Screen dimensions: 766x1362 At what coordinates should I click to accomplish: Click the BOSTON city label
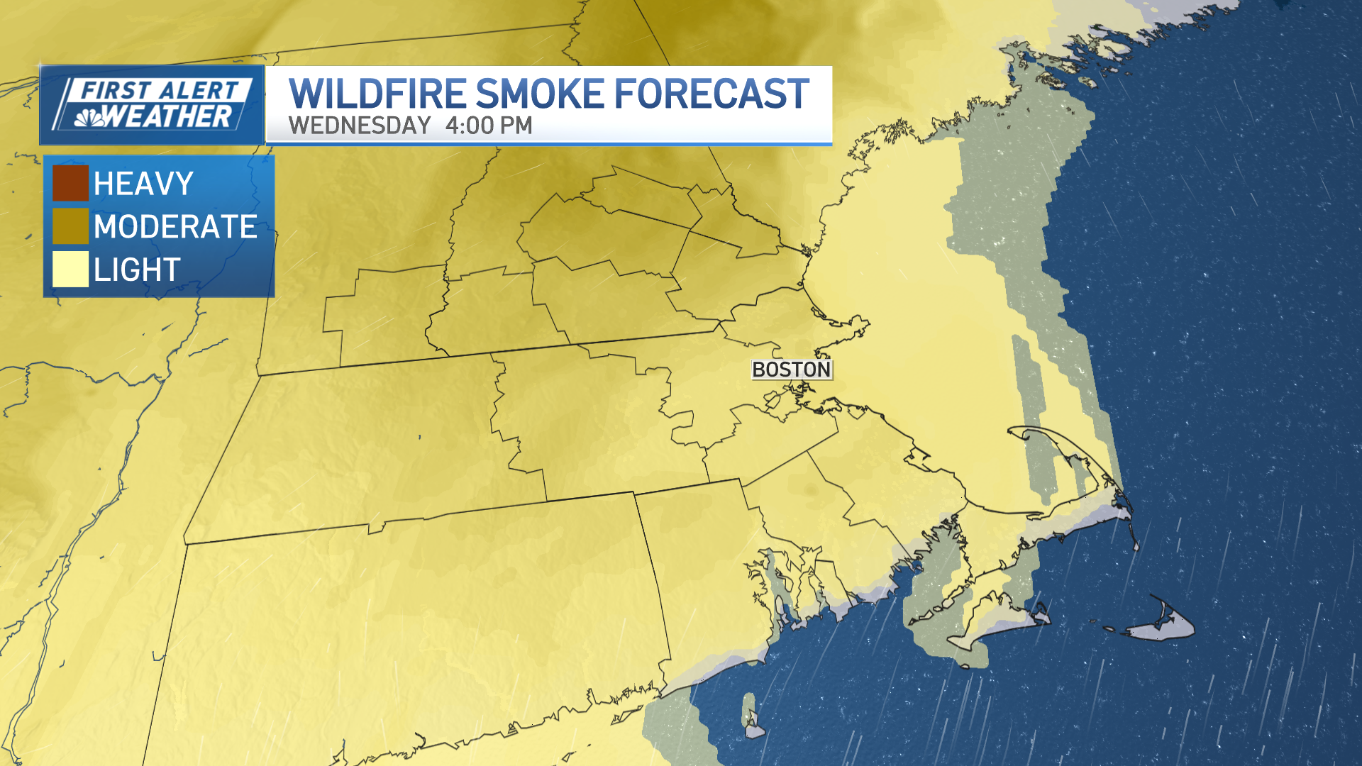pos(791,370)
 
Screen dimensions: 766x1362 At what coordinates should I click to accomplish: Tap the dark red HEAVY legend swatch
pos(70,183)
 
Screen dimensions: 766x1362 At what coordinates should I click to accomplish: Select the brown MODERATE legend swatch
pos(70,226)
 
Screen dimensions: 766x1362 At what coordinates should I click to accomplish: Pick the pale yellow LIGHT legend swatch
pos(70,270)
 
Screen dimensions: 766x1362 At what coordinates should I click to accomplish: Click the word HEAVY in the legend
pos(143,184)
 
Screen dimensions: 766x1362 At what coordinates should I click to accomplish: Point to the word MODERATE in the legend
pos(175,227)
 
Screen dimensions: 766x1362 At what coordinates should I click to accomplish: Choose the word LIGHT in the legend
pos(137,270)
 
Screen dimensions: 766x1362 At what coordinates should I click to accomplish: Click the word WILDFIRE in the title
pos(377,94)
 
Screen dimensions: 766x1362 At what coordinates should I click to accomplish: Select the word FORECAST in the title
pos(712,94)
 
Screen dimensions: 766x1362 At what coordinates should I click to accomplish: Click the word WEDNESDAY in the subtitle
pos(360,126)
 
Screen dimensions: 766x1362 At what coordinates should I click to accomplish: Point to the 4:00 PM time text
pos(489,126)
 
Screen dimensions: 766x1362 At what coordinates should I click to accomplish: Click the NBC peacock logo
pos(89,118)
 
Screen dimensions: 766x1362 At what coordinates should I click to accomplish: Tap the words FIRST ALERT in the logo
pos(159,91)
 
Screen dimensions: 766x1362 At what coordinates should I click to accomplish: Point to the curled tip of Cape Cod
pos(1021,433)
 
